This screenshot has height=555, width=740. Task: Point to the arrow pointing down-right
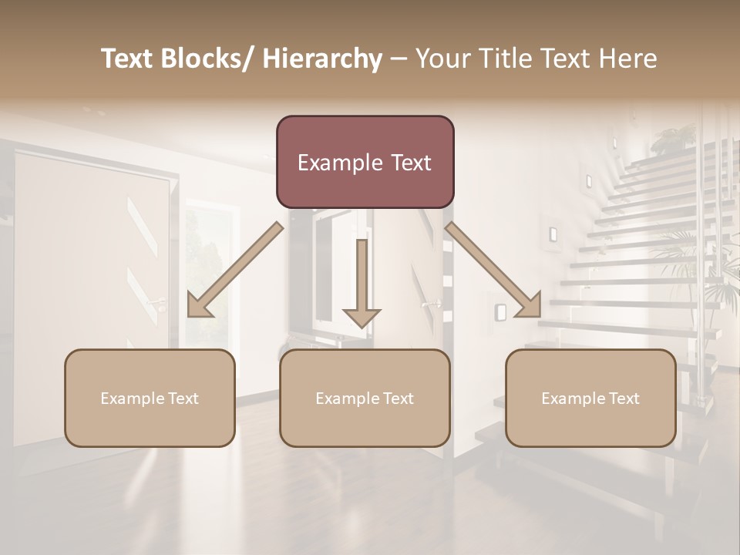(493, 270)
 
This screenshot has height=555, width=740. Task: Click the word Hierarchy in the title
(322, 59)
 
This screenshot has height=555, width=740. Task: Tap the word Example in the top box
(339, 163)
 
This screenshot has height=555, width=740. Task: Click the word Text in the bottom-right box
(623, 399)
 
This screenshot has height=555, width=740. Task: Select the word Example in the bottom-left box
(131, 399)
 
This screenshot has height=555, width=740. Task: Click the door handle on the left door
(157, 302)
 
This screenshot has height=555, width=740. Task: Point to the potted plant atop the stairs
(673, 139)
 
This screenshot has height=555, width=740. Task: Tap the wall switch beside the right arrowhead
(501, 311)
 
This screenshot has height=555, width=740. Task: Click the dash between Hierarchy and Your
(399, 59)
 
